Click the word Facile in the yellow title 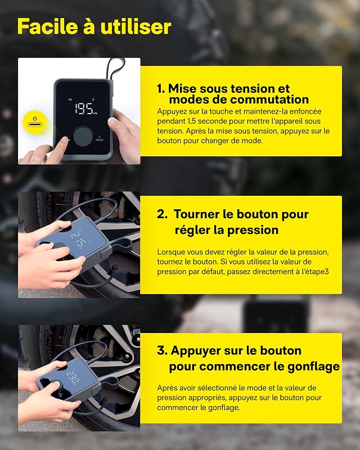(x=48, y=26)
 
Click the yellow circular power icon (x=35, y=122)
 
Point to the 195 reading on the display (x=84, y=108)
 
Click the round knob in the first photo (x=83, y=136)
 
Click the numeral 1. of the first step (x=161, y=89)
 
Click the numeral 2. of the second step (x=162, y=214)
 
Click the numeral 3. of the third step (x=162, y=350)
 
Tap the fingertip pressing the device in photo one (x=65, y=139)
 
